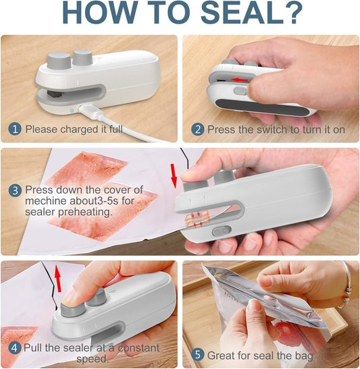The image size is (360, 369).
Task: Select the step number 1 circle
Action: [15, 128]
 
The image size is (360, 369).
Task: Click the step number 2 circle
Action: [197, 128]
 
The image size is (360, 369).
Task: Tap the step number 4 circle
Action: [15, 348]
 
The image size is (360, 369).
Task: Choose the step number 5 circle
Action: [197, 354]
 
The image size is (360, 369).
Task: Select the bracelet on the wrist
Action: [347, 291]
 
